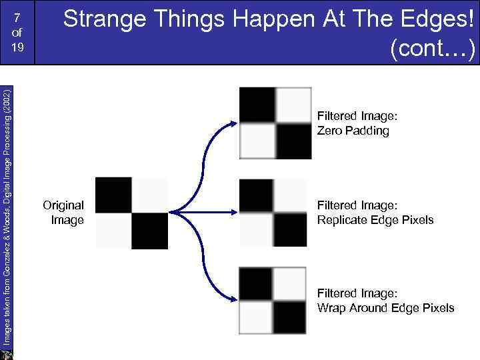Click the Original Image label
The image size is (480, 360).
[64, 212]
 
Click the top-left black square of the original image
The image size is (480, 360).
[114, 195]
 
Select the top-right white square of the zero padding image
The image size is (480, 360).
[293, 105]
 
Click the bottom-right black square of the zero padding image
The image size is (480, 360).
[293, 141]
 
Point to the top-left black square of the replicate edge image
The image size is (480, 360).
[257, 195]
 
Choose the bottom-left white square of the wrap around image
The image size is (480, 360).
[257, 317]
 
